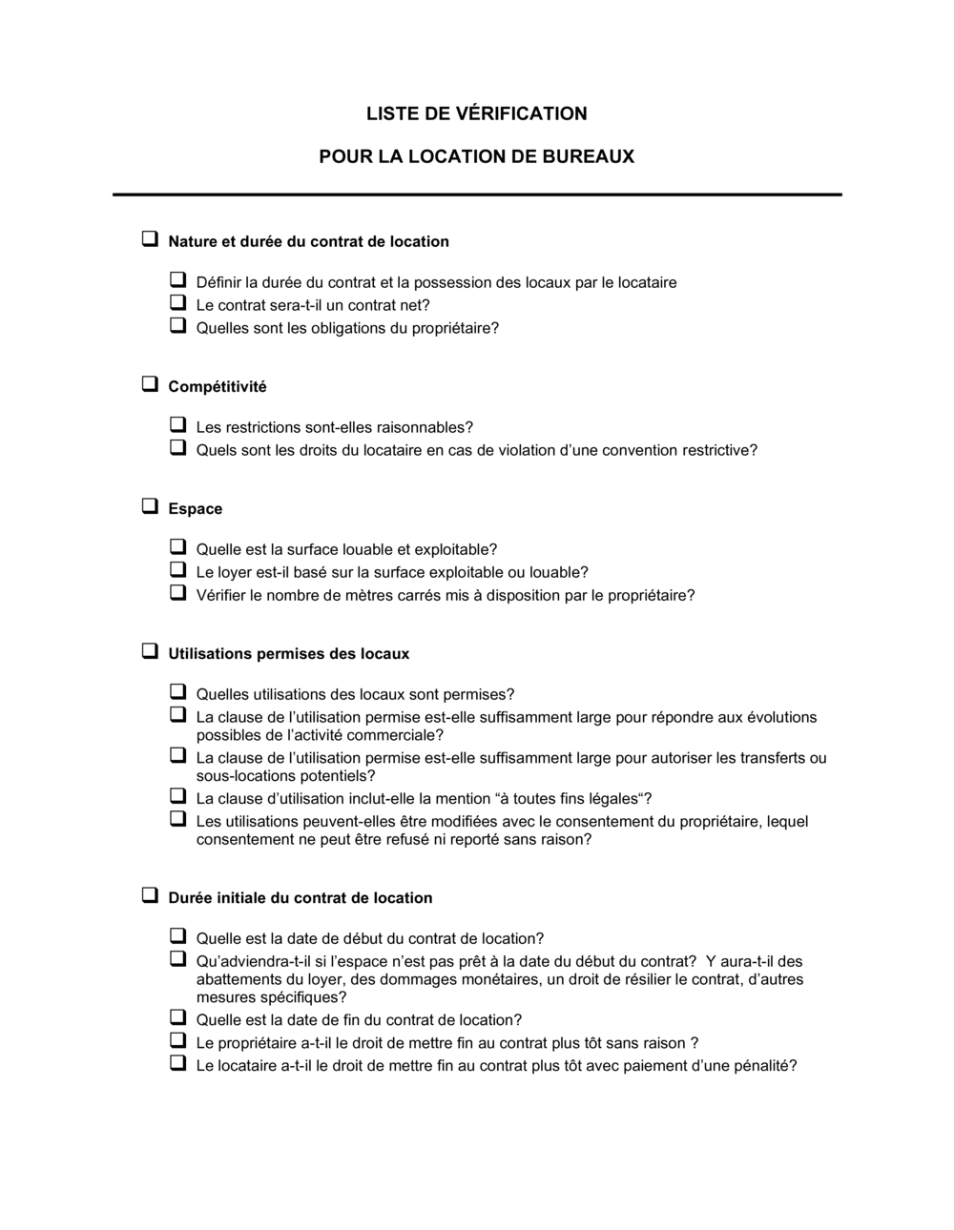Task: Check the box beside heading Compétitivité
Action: [150, 385]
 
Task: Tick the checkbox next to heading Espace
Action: [150, 507]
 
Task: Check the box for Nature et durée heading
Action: [150, 240]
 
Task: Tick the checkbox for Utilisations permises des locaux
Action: [150, 652]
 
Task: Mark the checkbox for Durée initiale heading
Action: [150, 896]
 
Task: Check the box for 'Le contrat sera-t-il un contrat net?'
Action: [177, 303]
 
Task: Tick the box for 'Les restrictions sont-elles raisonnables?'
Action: [177, 425]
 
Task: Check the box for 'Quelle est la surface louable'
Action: [177, 547]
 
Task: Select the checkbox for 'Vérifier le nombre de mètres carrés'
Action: [177, 593]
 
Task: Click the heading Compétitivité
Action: [218, 387]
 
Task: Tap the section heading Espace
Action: [196, 509]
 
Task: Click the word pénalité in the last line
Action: [761, 1066]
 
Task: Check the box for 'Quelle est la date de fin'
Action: [177, 1017]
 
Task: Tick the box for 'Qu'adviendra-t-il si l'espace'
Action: [177, 959]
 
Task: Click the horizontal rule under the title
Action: [477, 195]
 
